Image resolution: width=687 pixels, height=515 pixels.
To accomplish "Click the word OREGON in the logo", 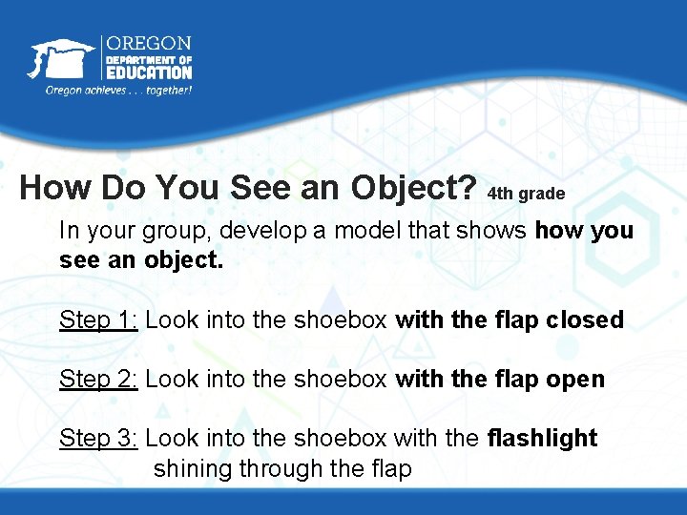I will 148,44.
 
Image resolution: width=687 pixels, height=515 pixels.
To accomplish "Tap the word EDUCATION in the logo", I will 148,72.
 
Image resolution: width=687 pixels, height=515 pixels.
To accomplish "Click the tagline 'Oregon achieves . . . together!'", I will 118,90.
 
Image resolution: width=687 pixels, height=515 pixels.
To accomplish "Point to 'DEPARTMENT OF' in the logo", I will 148,58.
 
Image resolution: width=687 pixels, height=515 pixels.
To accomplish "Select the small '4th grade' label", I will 526,194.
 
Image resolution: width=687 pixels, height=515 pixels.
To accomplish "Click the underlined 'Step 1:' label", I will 99,319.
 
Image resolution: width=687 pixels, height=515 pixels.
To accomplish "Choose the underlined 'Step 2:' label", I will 99,379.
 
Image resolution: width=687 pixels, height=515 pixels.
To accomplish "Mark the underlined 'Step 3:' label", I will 99,438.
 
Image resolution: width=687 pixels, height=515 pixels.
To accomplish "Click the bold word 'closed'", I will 585,319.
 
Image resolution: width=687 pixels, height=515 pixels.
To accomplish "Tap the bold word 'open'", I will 574,379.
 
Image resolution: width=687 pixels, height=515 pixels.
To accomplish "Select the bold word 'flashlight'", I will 542,438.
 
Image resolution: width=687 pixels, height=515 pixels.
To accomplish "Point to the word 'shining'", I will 192,468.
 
